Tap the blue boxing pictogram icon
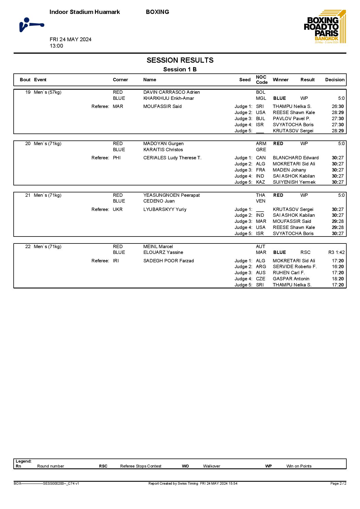click(x=31, y=25)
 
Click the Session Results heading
click(x=180, y=60)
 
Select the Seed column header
click(x=245, y=80)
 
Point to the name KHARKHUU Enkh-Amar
click(x=168, y=98)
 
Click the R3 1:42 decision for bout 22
click(x=336, y=252)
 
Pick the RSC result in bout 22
click(x=305, y=252)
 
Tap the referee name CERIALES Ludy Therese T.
click(x=172, y=158)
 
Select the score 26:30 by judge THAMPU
click(x=338, y=107)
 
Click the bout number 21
click(x=28, y=195)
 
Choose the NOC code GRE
click(x=261, y=150)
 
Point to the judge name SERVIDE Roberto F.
click(x=294, y=267)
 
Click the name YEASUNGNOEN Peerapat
click(x=171, y=195)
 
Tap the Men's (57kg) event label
click(x=48, y=92)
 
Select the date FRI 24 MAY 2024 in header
click(x=71, y=39)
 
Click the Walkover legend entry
click(x=211, y=466)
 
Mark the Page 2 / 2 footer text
click(x=338, y=483)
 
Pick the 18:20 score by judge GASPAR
click(x=338, y=279)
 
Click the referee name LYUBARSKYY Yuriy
click(x=165, y=210)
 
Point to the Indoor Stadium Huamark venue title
click(x=84, y=12)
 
